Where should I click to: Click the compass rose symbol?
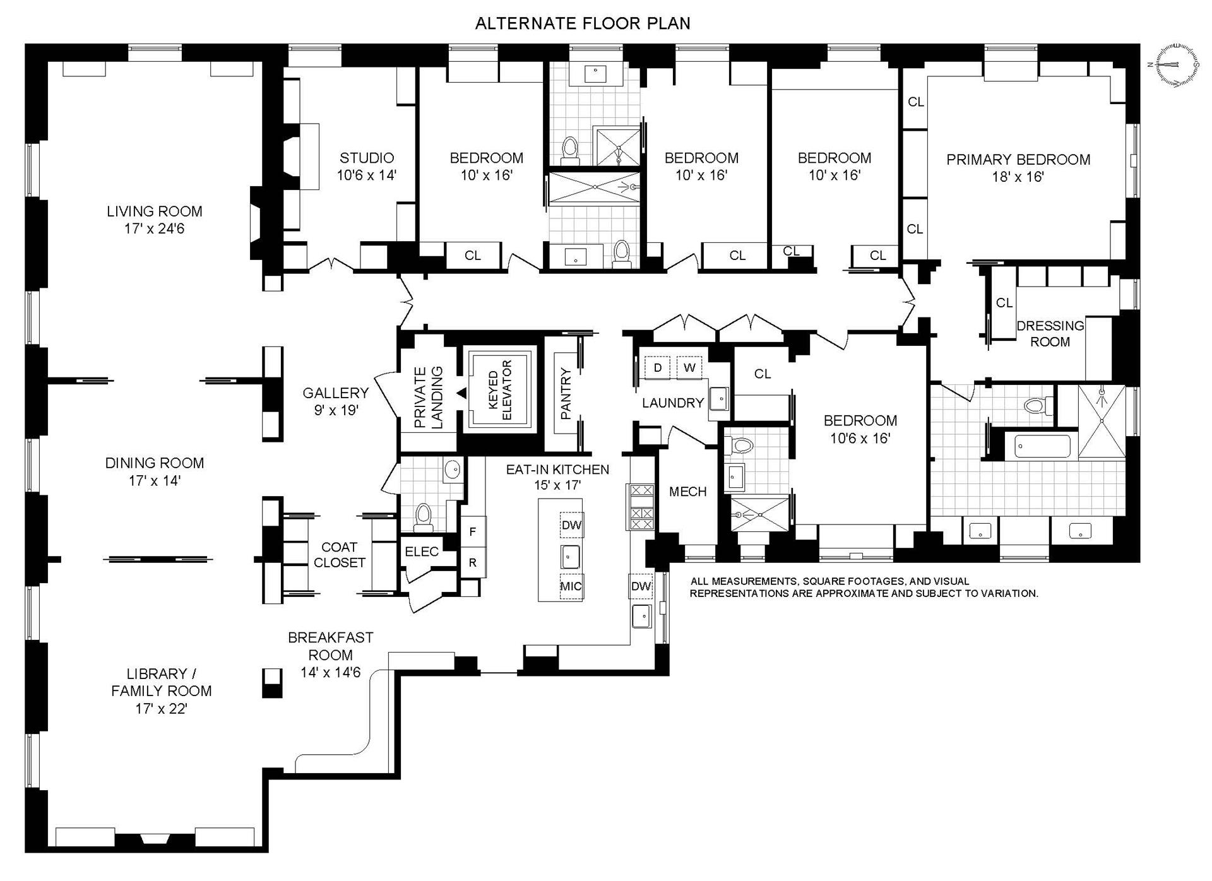[x=1176, y=64]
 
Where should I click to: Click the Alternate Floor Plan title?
[x=582, y=23]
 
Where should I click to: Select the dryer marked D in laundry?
[x=658, y=367]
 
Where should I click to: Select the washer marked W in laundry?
[x=689, y=367]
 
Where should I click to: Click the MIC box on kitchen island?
[x=571, y=586]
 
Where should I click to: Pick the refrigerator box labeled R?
[x=473, y=562]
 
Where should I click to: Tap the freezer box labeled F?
[x=473, y=532]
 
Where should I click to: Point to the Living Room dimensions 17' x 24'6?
[x=154, y=229]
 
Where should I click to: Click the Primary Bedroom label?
[x=1018, y=160]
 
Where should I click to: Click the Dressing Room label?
[x=1050, y=334]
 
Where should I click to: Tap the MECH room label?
[x=687, y=492]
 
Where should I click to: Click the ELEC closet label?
[x=422, y=552]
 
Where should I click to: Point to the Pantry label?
[x=566, y=394]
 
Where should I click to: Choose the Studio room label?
[x=367, y=158]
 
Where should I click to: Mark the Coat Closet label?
[x=340, y=555]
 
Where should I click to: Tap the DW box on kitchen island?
[x=571, y=525]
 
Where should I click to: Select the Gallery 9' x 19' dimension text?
[x=336, y=410]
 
